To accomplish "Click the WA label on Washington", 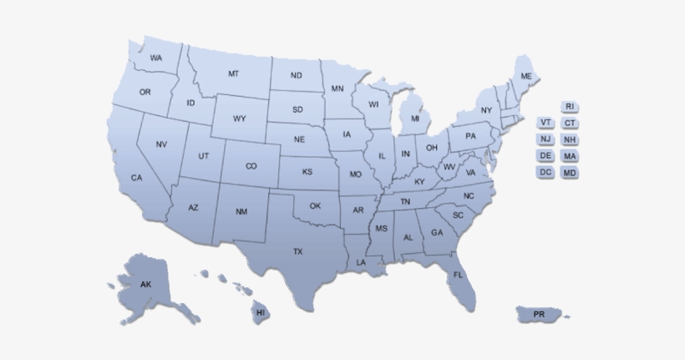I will tap(156, 58).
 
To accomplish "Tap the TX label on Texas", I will tap(297, 251).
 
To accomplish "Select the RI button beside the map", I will tap(570, 107).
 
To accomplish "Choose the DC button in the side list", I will tap(545, 172).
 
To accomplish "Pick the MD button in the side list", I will tap(570, 172).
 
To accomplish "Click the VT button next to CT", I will tap(545, 124).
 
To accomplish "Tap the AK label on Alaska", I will tap(146, 285).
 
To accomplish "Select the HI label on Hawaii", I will tap(261, 312).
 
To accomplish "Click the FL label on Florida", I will tap(459, 275).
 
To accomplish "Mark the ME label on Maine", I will tap(526, 76).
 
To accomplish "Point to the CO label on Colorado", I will tap(251, 166).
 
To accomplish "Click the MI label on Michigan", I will tap(415, 119).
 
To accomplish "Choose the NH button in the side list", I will tap(570, 139).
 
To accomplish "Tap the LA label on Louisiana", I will tap(361, 262).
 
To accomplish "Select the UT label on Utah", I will tap(204, 156).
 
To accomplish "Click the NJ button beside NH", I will tap(545, 139).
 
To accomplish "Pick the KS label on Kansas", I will tap(307, 172).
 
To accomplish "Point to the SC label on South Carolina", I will tap(458, 215).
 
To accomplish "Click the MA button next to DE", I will tap(570, 156).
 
